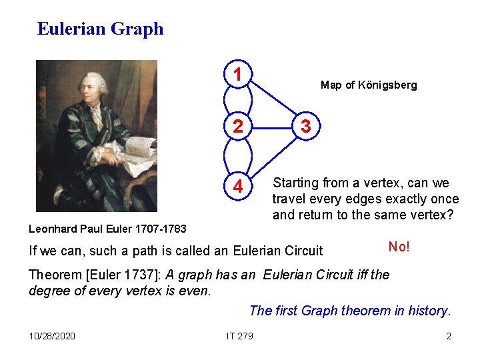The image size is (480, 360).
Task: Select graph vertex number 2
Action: tap(237, 127)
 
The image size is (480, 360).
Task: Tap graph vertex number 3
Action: tap(305, 127)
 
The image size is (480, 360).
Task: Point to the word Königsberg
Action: tap(388, 85)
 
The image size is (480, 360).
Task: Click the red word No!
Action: tap(399, 247)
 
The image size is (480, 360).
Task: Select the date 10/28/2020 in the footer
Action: tap(52, 335)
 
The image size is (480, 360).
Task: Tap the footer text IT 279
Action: tap(239, 335)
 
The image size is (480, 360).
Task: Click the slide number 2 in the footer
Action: tap(449, 335)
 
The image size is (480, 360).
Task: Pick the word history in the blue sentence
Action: tap(429, 311)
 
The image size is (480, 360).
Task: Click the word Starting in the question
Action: tap(296, 183)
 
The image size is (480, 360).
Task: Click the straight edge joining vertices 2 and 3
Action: tap(271, 127)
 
